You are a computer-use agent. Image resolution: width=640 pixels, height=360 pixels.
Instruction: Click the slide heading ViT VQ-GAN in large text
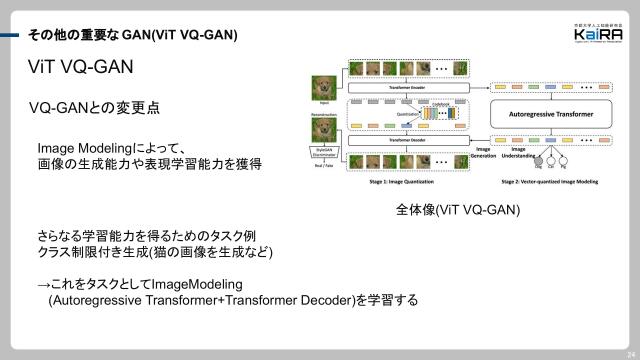point(79,67)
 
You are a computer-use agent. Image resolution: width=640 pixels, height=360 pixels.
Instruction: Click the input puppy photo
point(324,87)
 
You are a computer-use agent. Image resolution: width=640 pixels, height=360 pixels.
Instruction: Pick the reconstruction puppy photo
point(324,128)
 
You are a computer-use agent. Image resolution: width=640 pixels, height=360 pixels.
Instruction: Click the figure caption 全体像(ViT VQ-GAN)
point(458,212)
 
